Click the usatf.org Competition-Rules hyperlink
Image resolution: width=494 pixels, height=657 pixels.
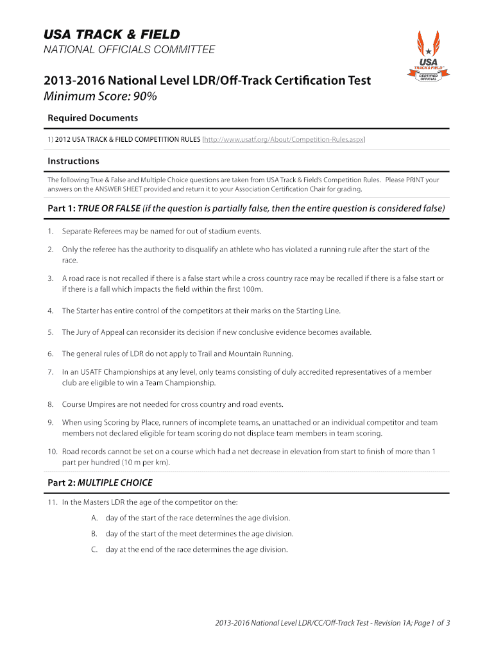[x=284, y=139]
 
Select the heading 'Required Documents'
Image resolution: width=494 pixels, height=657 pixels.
[x=92, y=118]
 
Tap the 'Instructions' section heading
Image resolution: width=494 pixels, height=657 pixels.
[x=73, y=161]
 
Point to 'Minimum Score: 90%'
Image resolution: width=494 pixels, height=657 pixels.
[x=99, y=97]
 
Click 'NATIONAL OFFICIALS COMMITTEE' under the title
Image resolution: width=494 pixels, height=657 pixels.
[x=129, y=49]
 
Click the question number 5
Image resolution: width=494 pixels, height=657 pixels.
[x=50, y=332]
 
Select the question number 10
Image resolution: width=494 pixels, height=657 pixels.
[x=52, y=452]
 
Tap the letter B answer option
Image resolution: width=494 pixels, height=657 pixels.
[x=94, y=534]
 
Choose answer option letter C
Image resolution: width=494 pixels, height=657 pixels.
[x=94, y=550]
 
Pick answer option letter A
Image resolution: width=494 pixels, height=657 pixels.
[x=94, y=518]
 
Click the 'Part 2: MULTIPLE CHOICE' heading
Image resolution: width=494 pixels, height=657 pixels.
[x=100, y=482]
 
